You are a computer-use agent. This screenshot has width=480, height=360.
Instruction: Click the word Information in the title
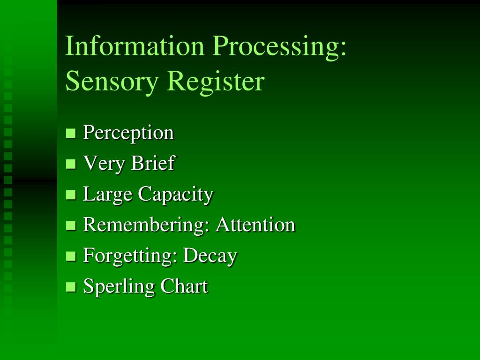tap(135, 46)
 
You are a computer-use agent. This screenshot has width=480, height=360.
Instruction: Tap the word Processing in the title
tap(279, 47)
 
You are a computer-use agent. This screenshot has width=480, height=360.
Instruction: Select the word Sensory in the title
tap(112, 82)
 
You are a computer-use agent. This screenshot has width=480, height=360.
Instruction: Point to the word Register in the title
tap(216, 82)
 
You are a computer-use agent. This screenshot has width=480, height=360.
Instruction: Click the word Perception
tap(128, 133)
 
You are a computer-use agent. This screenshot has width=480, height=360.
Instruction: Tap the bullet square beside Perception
tap(71, 134)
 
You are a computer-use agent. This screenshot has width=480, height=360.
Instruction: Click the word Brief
tap(153, 163)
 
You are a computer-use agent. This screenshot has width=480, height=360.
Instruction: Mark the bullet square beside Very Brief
tap(71, 164)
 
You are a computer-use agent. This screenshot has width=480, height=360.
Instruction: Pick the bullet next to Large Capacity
tap(71, 195)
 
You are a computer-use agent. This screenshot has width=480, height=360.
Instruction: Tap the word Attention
tap(255, 225)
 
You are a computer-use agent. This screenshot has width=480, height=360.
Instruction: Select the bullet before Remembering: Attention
tap(71, 225)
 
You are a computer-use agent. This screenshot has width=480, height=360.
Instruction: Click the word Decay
tap(210, 256)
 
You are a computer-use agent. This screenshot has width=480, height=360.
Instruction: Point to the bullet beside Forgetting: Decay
tap(71, 256)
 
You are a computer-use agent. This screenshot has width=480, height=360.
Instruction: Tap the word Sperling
tap(119, 287)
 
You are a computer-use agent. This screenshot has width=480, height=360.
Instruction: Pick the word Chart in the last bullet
tap(184, 286)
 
